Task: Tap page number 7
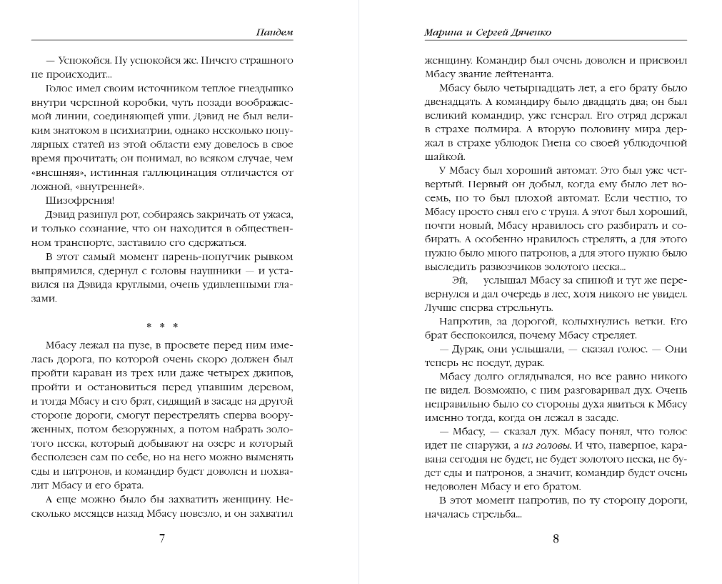tap(162, 538)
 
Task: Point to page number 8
tap(556, 538)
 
